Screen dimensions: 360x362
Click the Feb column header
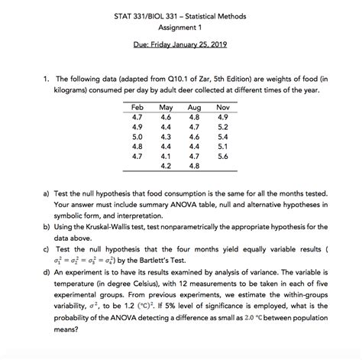pos(138,109)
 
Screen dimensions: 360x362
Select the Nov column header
pos(223,109)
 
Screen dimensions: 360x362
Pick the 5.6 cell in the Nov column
pos(223,155)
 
